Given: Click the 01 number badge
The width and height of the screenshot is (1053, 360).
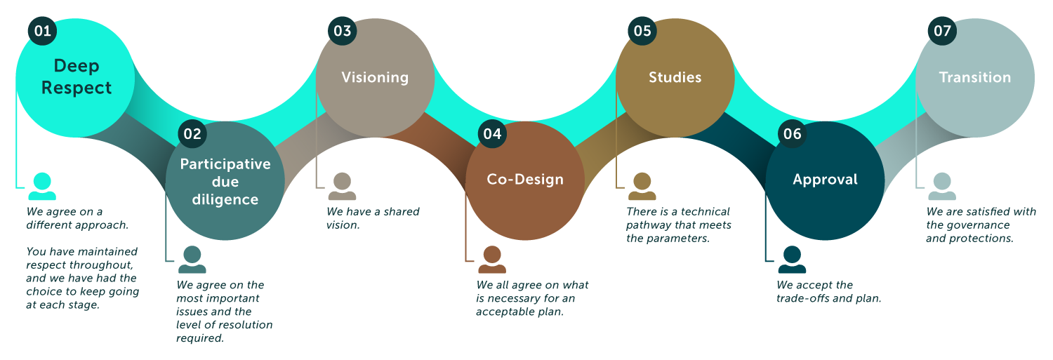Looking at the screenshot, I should [42, 32].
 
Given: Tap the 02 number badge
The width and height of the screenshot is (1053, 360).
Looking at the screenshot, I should [192, 133].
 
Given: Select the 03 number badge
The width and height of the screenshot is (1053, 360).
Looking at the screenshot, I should [343, 32].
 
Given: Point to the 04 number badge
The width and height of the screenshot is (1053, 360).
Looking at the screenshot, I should [492, 133].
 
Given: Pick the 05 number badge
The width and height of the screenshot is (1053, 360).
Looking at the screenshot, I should [642, 32].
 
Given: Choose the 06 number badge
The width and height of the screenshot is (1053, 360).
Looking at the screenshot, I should [792, 133].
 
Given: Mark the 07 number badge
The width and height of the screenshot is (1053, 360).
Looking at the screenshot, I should [942, 32].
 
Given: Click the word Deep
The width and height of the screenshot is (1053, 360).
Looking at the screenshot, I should [77, 67].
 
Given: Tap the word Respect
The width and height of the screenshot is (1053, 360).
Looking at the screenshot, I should [77, 88].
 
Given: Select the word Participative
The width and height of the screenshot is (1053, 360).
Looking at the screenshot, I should [225, 164].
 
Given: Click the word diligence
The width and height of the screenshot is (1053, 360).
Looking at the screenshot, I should [225, 200].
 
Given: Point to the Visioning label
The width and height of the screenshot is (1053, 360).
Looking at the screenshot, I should [375, 77].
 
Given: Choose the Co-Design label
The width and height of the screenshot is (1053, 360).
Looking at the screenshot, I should [525, 180].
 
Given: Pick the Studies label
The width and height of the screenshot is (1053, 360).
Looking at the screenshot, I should [675, 77].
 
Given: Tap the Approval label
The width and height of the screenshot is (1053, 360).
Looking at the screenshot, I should [825, 180].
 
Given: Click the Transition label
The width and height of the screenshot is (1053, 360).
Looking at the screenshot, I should [975, 77].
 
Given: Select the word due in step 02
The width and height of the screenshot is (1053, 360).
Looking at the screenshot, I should [225, 182].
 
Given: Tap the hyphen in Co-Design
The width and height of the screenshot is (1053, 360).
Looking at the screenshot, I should [514, 180].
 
